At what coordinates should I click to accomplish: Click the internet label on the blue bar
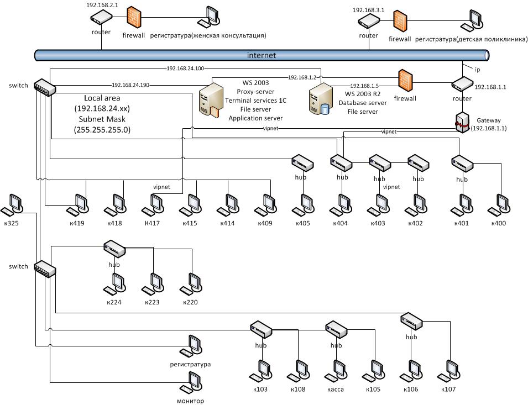tap(261, 55)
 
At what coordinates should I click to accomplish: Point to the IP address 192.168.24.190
tap(130, 85)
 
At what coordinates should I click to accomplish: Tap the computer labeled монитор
tap(191, 382)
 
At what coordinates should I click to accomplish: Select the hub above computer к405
tap(303, 164)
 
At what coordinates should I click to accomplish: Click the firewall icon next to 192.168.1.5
tap(406, 82)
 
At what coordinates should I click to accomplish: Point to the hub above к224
tap(114, 249)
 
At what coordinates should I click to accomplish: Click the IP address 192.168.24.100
tap(185, 69)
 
